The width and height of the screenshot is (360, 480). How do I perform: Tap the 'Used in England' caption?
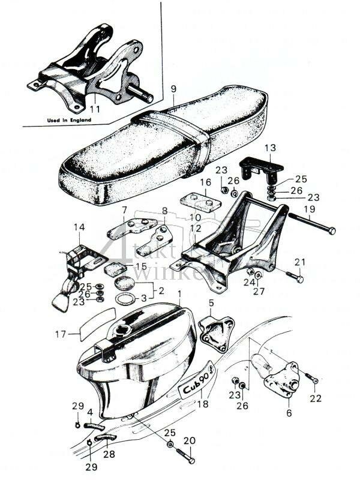tap(69, 120)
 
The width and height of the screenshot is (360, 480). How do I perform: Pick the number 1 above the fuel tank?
tap(179, 294)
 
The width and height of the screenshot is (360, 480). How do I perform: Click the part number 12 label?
tap(196, 228)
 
